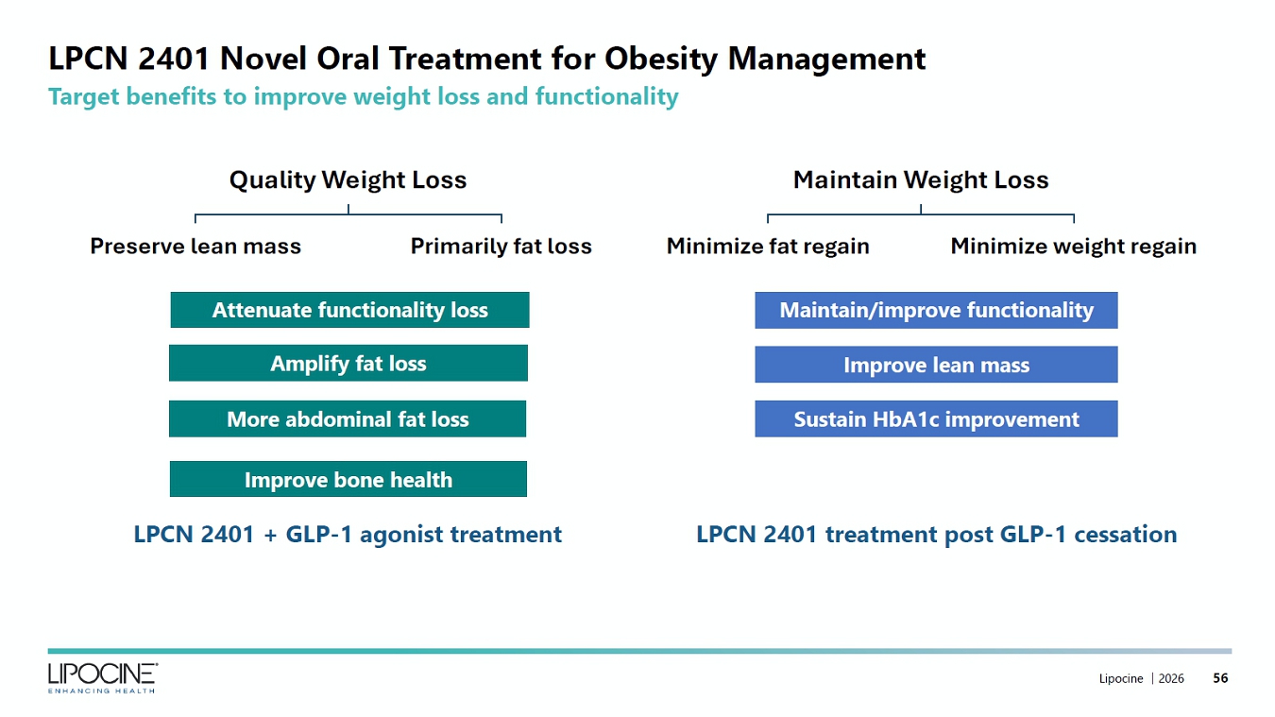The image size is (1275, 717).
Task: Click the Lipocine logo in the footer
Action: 102,677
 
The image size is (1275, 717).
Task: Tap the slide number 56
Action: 1220,677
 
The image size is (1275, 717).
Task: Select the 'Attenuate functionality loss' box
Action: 349,310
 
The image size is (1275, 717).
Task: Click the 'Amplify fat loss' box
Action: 348,363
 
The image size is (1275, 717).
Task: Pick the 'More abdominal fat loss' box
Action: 348,418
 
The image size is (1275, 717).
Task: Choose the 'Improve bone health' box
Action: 348,479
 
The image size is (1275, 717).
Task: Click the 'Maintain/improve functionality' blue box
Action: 936,311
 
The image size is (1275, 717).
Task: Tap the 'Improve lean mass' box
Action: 936,365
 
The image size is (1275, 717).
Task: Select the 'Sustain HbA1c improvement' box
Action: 936,418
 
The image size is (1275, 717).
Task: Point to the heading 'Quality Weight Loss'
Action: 348,180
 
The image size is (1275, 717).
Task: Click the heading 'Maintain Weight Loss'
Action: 921,180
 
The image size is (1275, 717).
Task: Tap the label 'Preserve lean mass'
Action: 195,246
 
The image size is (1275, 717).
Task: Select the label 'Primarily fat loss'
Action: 501,247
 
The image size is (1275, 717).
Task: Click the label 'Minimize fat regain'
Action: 768,247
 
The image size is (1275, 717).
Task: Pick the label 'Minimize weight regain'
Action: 1074,247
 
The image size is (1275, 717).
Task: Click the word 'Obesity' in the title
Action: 661,59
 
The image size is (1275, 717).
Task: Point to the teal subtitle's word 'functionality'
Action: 606,96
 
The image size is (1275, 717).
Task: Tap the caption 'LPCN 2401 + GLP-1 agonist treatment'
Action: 348,535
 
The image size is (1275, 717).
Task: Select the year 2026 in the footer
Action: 1171,678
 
